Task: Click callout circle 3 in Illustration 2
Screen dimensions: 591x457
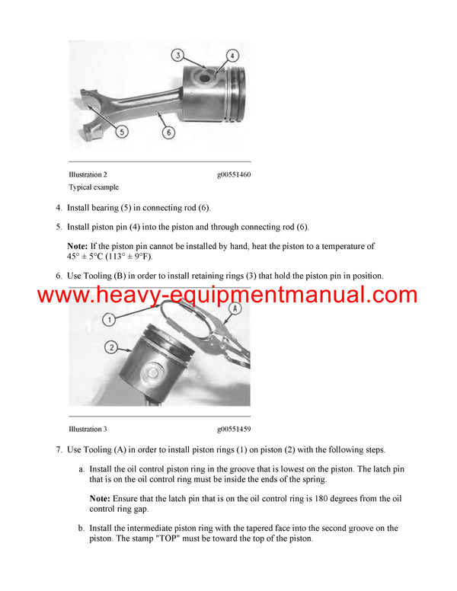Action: point(176,56)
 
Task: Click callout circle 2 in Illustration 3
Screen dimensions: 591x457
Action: point(111,347)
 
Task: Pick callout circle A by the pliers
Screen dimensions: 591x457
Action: point(235,308)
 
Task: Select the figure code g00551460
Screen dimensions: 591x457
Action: point(233,174)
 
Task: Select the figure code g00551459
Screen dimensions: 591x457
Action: point(233,430)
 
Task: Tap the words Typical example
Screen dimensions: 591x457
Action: point(94,187)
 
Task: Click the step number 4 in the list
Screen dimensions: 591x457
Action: point(59,207)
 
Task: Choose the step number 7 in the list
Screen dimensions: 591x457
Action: point(59,450)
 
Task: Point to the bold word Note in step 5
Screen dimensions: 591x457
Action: point(78,246)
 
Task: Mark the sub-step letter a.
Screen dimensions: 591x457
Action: point(81,469)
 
